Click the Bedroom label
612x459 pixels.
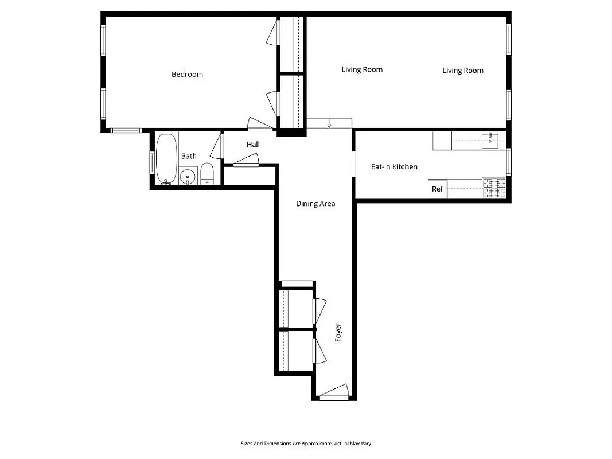pos(187,74)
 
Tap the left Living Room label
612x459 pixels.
pos(362,69)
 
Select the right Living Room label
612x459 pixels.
pos(463,71)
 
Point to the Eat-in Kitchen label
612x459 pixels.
pos(394,167)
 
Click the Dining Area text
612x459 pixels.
pos(315,204)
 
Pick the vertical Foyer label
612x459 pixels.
pos(338,333)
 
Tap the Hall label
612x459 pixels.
pos(253,145)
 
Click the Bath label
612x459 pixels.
pos(189,156)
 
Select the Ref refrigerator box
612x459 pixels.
pos(437,189)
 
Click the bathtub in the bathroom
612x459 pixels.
pos(166,159)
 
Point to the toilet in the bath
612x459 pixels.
pos(207,174)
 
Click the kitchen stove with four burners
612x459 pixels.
pos(494,188)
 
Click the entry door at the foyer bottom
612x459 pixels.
pos(334,391)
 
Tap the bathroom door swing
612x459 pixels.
pos(216,147)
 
